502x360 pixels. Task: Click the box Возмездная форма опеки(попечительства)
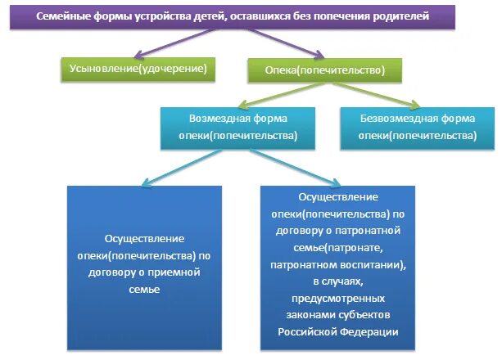coord(231,127)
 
